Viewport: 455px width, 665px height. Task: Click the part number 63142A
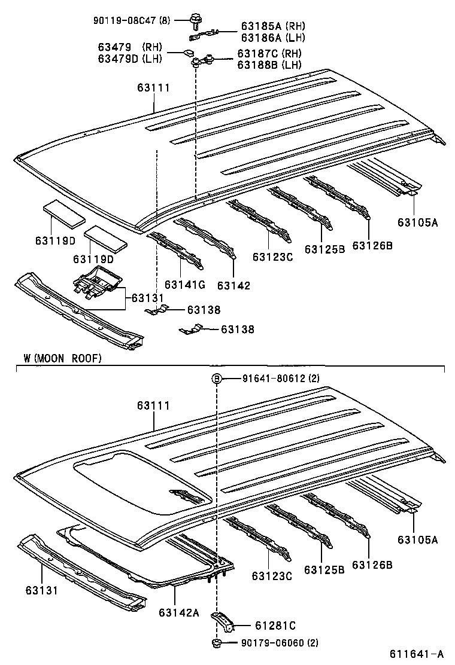[178, 612]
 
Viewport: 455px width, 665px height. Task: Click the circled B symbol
[217, 379]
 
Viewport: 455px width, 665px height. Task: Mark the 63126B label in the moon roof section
[372, 565]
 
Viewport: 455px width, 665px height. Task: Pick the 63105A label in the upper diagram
[417, 223]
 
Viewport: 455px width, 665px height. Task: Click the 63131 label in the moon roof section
[42, 590]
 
